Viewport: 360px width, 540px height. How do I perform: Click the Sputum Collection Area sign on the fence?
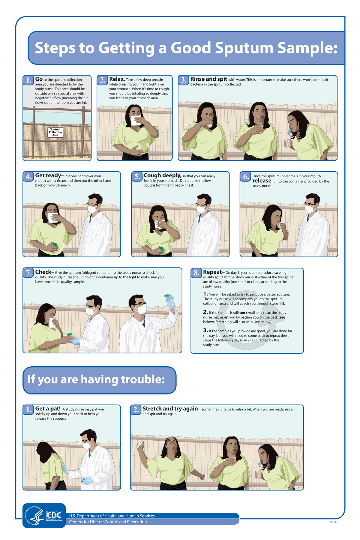click(55, 132)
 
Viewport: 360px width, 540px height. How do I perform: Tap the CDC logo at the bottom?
click(54, 515)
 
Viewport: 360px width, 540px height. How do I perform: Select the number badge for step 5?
click(137, 176)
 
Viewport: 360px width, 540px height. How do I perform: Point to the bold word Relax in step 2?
click(117, 79)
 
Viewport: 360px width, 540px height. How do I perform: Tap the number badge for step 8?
click(196, 273)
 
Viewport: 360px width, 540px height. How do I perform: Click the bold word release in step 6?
click(262, 181)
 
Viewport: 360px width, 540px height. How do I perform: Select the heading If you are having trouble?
click(96, 379)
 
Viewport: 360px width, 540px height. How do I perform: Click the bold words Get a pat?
click(48, 409)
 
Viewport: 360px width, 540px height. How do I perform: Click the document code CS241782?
click(333, 522)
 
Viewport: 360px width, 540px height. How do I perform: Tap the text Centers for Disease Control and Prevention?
click(108, 522)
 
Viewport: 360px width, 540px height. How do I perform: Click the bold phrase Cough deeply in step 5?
click(163, 175)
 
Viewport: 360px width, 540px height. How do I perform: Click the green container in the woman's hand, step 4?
click(55, 245)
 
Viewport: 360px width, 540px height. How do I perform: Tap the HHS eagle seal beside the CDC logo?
click(34, 515)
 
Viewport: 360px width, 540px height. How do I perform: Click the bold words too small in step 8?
click(247, 313)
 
